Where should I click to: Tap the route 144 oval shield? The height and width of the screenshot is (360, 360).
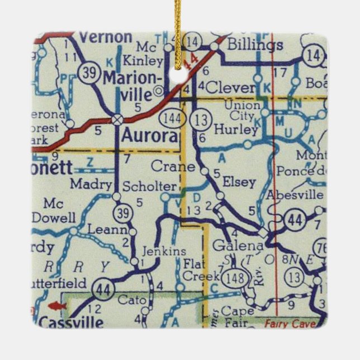pyautogui.click(x=169, y=118)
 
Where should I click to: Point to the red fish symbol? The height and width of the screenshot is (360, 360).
pyautogui.click(x=56, y=305)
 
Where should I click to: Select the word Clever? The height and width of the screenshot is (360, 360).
pyautogui.click(x=230, y=88)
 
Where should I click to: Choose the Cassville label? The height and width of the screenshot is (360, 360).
pyautogui.click(x=72, y=323)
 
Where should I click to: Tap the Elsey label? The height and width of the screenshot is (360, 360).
pyautogui.click(x=239, y=182)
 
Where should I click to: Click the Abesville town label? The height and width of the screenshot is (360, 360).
pyautogui.click(x=295, y=195)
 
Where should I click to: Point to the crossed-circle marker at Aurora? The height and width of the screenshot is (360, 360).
pyautogui.click(x=117, y=119)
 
